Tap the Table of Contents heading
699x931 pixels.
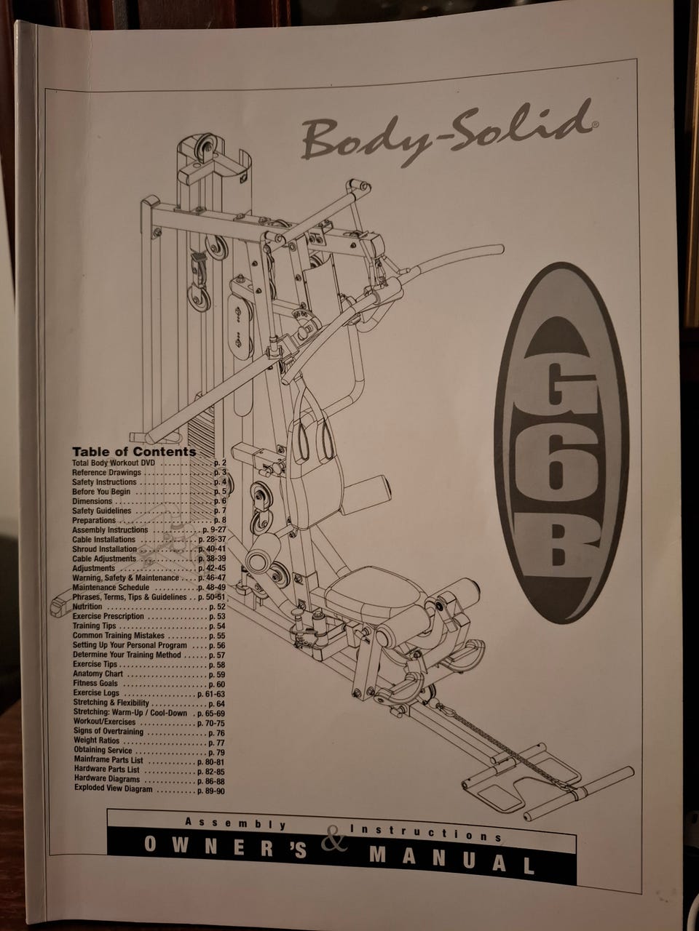click(134, 452)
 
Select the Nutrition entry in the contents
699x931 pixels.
click(87, 607)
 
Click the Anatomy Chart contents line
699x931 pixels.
click(98, 674)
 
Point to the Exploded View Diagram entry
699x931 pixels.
click(113, 789)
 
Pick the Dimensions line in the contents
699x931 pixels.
click(92, 501)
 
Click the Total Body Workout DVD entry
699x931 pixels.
click(114, 463)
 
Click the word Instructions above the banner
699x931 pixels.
click(426, 833)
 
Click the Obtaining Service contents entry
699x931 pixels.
click(103, 751)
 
